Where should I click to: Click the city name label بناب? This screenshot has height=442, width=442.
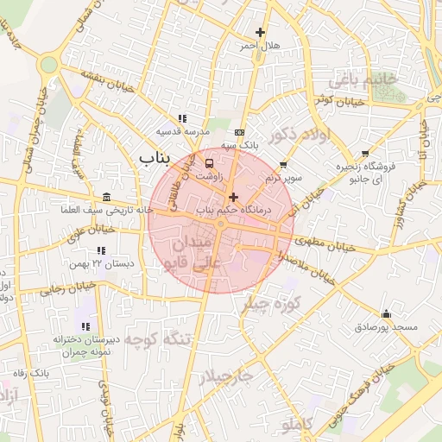pyautogui.click(x=156, y=158)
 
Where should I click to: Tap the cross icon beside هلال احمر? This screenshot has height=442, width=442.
pyautogui.click(x=260, y=32)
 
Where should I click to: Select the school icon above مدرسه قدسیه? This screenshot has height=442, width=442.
pyautogui.click(x=182, y=118)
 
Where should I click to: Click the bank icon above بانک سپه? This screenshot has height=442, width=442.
pyautogui.click(x=239, y=132)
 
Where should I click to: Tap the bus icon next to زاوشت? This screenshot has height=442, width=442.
pyautogui.click(x=210, y=162)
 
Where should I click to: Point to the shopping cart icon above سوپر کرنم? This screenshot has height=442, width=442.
pyautogui.click(x=284, y=165)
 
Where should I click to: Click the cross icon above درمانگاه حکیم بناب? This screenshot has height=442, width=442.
pyautogui.click(x=233, y=198)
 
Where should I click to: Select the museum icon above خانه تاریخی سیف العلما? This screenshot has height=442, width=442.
pyautogui.click(x=106, y=197)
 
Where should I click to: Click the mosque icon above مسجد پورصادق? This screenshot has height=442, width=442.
pyautogui.click(x=385, y=314)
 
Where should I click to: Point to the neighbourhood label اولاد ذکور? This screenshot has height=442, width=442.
pyautogui.click(x=299, y=136)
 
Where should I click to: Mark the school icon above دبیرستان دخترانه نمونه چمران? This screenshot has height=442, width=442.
pyautogui.click(x=85, y=326)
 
